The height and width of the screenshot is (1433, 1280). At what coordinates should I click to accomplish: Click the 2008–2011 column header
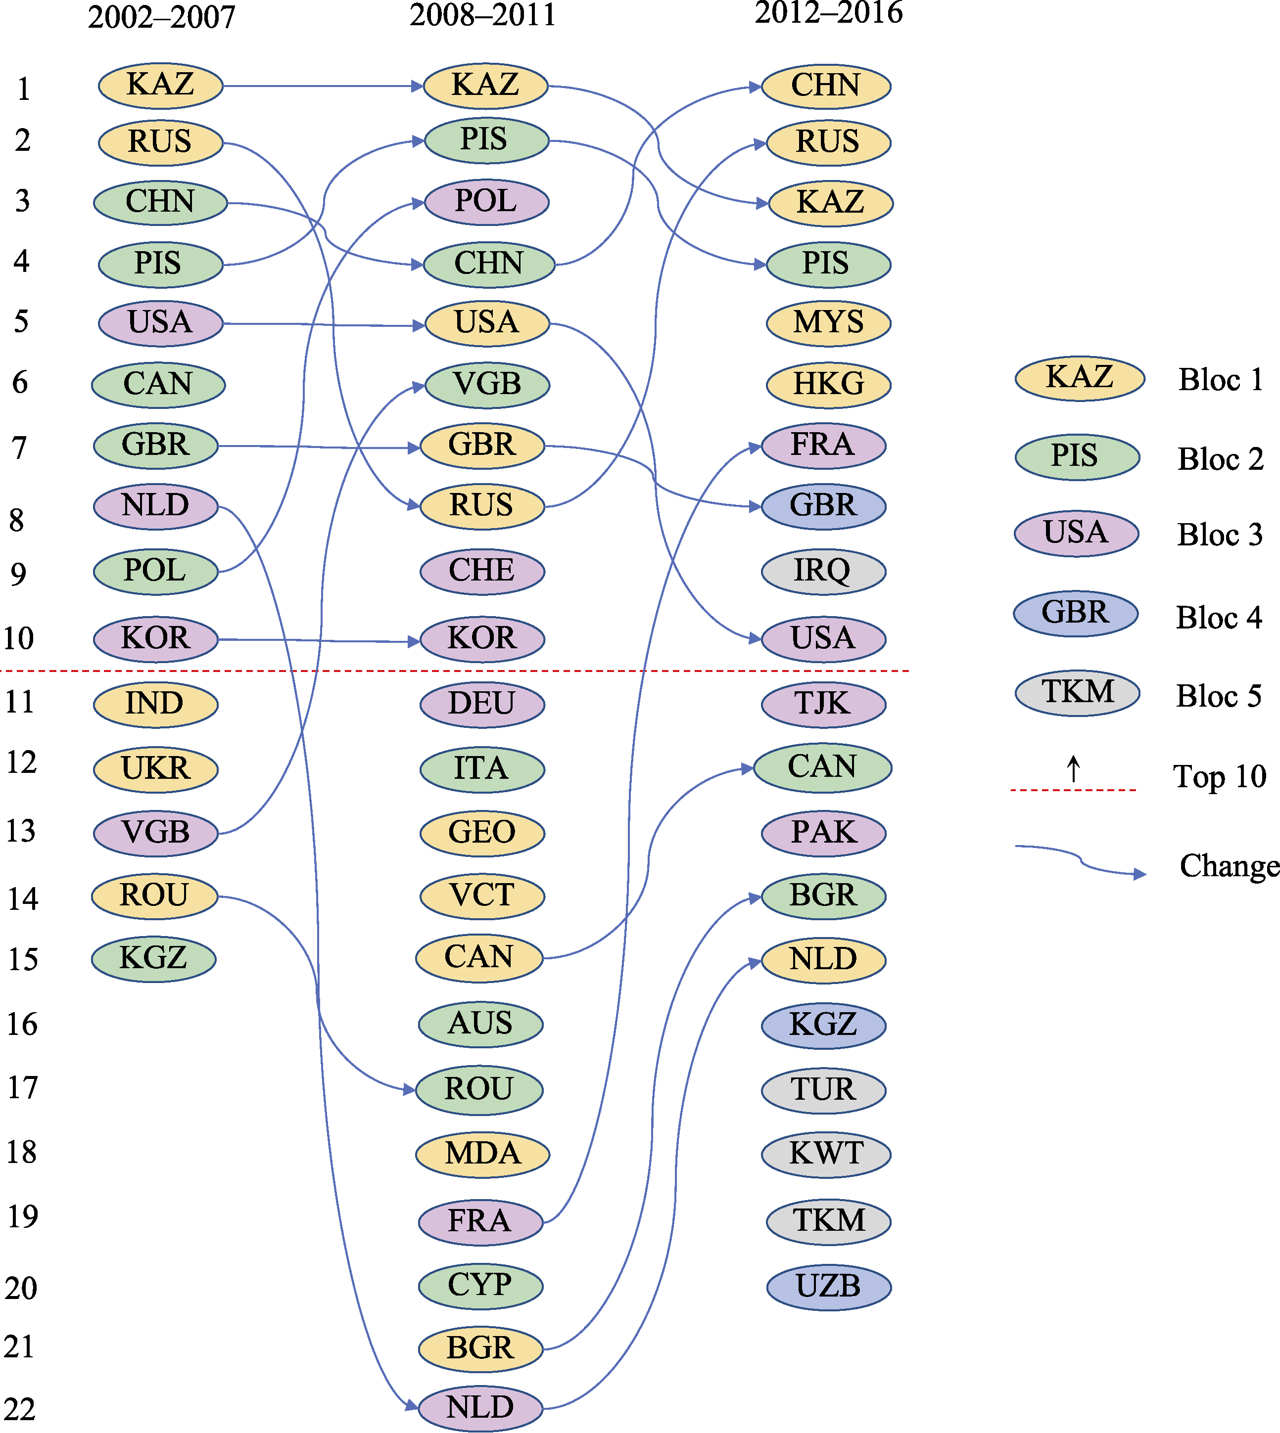point(482,15)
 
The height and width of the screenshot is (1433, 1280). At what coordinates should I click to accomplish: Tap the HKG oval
point(828,384)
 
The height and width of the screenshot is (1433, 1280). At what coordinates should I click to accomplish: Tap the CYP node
point(480,1286)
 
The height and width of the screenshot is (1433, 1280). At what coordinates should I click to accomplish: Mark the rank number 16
point(22,1024)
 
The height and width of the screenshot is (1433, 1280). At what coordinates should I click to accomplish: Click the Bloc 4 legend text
point(1219,618)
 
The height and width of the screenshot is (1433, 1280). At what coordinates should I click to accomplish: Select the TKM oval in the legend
point(1078,693)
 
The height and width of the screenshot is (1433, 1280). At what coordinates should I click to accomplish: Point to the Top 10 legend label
point(1220,777)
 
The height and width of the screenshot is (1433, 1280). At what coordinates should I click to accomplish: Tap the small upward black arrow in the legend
point(1073,769)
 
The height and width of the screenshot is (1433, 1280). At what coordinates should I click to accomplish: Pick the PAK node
point(823,833)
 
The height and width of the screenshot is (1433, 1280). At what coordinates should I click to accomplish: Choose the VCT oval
point(482,896)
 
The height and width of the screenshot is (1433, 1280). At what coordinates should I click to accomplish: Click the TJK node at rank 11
point(823,704)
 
